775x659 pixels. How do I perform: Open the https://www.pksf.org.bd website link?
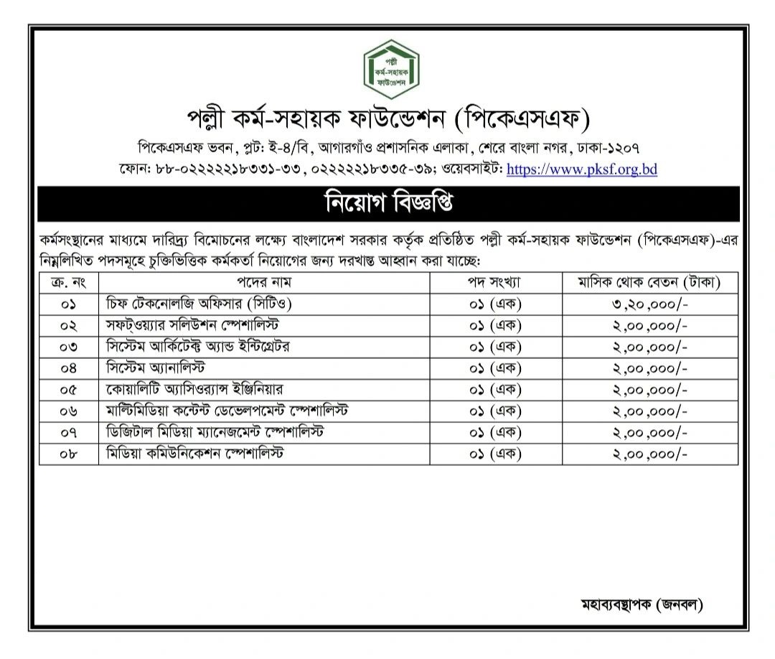tap(582, 170)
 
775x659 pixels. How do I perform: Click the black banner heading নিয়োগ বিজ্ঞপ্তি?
tap(389, 204)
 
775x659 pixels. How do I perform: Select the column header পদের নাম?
tap(267, 282)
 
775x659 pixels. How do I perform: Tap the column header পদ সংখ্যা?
tap(494, 282)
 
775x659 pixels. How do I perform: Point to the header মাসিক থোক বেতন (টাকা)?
tap(649, 282)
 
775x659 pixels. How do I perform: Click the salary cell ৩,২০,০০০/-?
tap(649, 304)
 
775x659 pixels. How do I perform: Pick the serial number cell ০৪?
tap(68, 368)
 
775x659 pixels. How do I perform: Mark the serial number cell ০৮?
tap(68, 454)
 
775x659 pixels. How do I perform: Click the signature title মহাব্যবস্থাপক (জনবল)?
tap(641, 604)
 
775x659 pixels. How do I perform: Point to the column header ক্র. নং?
tap(68, 282)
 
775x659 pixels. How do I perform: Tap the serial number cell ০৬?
tap(68, 411)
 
